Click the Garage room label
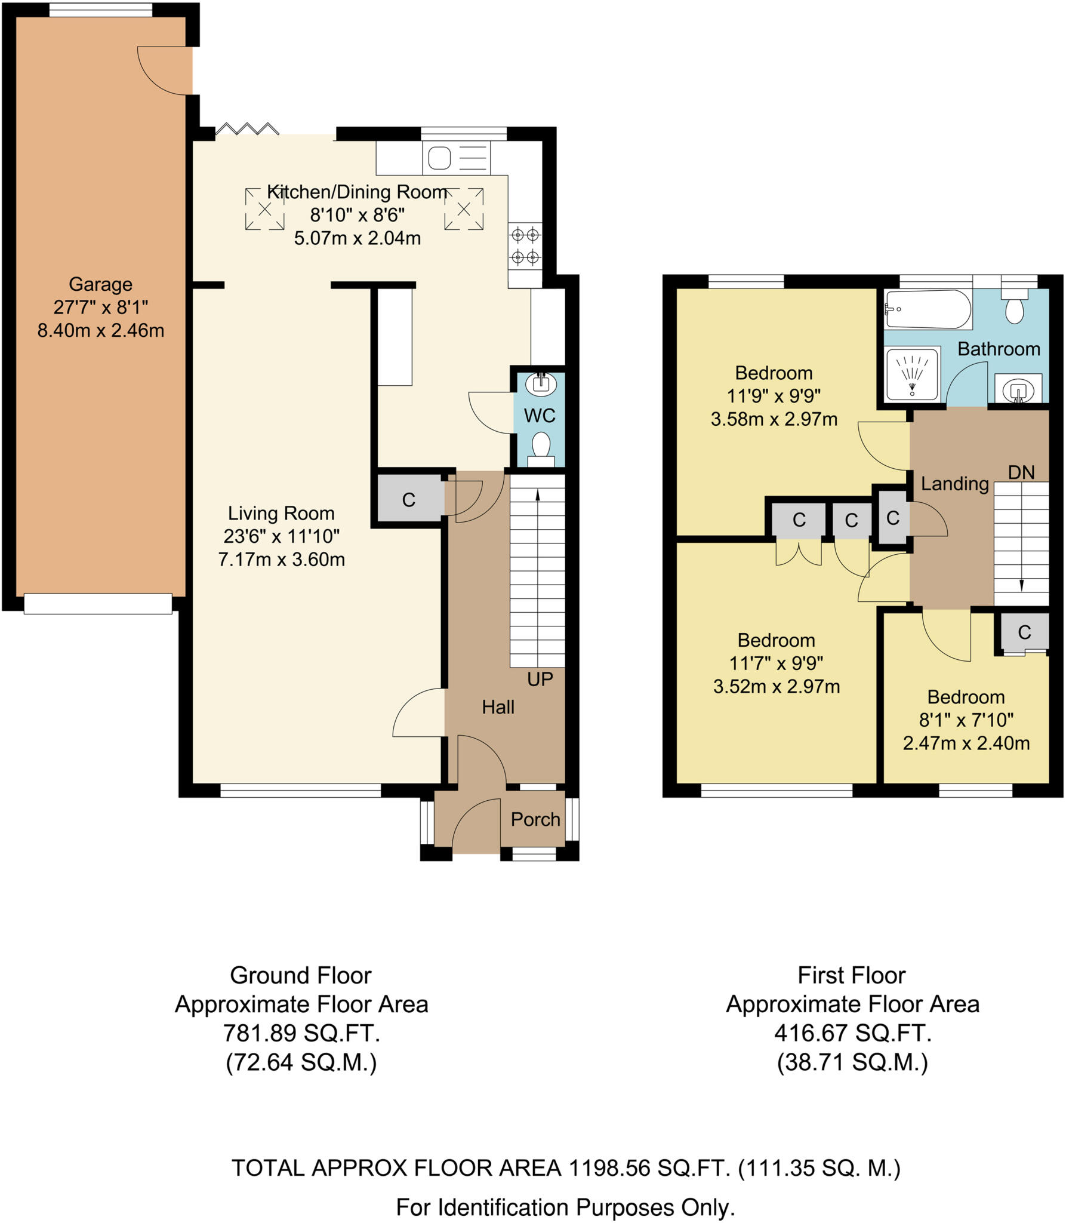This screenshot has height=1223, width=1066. click(x=100, y=284)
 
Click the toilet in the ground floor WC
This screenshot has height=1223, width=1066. click(x=541, y=448)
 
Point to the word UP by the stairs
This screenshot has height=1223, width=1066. click(x=540, y=679)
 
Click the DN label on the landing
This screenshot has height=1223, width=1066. click(x=1021, y=472)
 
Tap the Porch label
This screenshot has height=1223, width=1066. click(x=535, y=819)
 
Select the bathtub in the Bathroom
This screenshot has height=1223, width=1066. click(x=928, y=309)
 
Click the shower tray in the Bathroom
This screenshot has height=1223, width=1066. click(x=912, y=374)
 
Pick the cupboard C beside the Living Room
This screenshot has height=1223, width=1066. click(x=408, y=500)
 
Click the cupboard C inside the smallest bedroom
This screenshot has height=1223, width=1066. click(x=1024, y=632)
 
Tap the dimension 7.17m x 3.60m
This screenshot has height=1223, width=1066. click(x=281, y=560)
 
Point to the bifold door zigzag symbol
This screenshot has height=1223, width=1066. click(x=247, y=128)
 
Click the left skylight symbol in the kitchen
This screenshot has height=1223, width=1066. click(x=264, y=209)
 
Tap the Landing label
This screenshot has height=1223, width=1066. click(x=954, y=483)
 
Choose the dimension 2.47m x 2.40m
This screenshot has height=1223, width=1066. click(x=966, y=743)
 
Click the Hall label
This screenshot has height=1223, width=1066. click(x=498, y=707)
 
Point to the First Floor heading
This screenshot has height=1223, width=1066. click(x=851, y=975)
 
